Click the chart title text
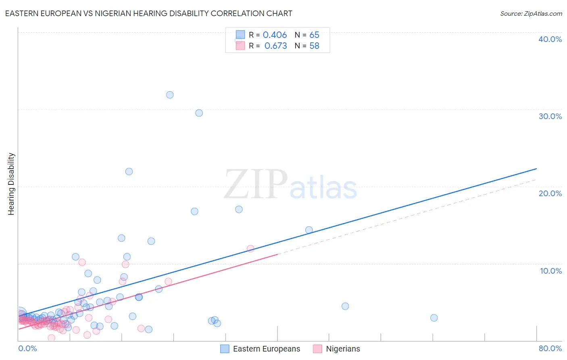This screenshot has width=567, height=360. (148, 13)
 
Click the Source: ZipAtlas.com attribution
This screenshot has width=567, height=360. (531, 13)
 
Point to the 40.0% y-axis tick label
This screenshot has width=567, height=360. (550, 39)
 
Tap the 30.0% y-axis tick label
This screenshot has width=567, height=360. (550, 116)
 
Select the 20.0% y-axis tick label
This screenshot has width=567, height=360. (550, 193)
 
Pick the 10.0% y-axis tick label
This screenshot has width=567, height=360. (550, 271)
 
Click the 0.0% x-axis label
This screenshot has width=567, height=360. (27, 348)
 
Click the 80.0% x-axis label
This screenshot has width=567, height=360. (550, 348)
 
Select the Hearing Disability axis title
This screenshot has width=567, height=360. (11, 184)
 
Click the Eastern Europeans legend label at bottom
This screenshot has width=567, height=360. (267, 349)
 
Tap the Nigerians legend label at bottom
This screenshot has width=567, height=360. (343, 349)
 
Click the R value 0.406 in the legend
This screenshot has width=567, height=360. (275, 35)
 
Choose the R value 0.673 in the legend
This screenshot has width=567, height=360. (275, 46)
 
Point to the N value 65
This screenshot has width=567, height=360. (314, 35)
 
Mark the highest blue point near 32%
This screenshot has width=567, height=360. (170, 95)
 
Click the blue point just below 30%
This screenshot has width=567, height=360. (199, 113)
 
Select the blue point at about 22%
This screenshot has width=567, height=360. (129, 172)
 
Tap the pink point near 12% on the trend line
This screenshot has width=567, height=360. (250, 249)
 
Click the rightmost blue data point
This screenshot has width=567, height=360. (434, 318)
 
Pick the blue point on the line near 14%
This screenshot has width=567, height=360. (309, 230)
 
